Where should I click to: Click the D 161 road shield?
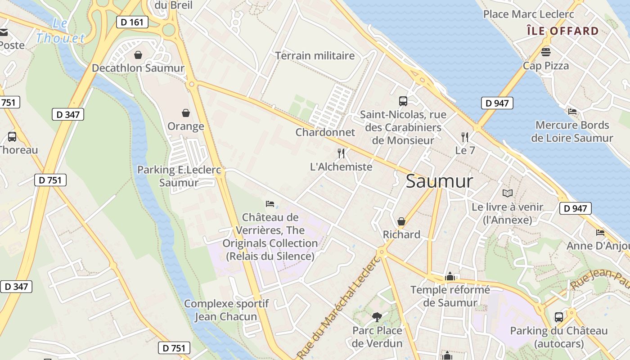tap(132, 22)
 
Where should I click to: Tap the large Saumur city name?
tap(439, 181)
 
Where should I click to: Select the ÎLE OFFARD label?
tap(562, 31)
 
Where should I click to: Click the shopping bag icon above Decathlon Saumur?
tap(138, 55)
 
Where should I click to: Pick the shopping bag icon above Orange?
tap(185, 112)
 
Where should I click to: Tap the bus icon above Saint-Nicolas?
tap(403, 101)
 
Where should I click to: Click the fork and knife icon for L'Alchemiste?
tap(341, 153)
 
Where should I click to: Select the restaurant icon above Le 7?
tap(465, 137)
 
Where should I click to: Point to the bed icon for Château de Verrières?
tap(270, 204)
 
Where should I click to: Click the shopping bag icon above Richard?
tap(401, 221)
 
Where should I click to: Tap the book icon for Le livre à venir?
tap(508, 193)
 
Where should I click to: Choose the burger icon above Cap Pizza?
tap(546, 52)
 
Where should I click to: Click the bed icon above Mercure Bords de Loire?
tap(572, 112)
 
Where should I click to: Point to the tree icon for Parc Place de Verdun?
tap(377, 317)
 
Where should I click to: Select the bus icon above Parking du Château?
tap(558, 317)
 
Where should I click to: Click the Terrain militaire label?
tap(315, 56)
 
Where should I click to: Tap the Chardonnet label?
tap(325, 132)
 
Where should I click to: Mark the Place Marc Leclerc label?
tap(528, 14)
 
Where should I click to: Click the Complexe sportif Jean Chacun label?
tap(226, 310)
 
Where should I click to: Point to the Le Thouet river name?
tap(60, 31)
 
